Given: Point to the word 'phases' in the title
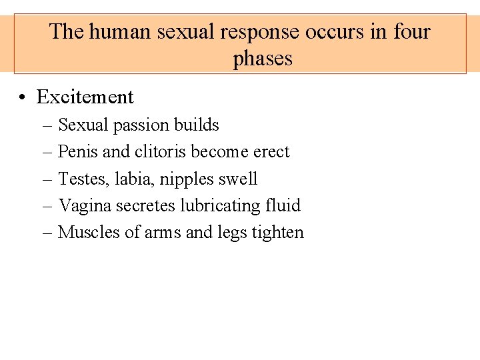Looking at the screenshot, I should (x=263, y=58).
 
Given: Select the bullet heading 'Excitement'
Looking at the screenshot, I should (x=85, y=97).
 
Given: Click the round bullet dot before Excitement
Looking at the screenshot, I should (x=23, y=98).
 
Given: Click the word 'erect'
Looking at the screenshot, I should (x=271, y=152).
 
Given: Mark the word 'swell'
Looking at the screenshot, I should (x=239, y=179).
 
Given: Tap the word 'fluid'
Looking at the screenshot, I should (x=283, y=205).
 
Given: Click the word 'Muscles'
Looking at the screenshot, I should (x=85, y=232).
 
